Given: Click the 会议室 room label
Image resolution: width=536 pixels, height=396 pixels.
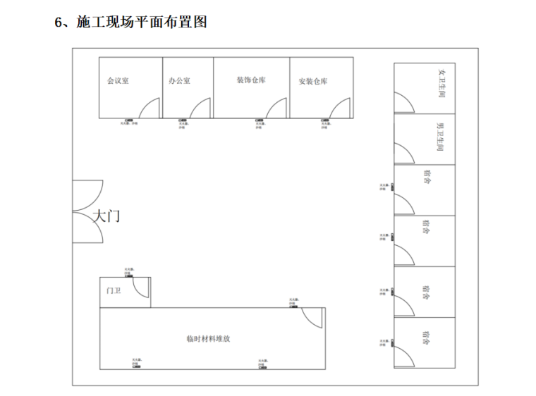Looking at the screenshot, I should click(118, 81).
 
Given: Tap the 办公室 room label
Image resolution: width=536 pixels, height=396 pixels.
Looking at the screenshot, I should click(179, 81).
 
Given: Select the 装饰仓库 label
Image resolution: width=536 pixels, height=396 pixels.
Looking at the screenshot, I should click(251, 80).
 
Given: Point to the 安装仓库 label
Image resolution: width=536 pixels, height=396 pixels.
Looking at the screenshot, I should click(312, 82).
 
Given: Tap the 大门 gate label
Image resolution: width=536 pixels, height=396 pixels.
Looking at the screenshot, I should click(106, 216).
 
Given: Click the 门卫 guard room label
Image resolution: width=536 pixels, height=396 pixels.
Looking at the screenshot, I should click(114, 290).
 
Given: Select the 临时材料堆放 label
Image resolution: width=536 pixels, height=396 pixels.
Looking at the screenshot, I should click(208, 338).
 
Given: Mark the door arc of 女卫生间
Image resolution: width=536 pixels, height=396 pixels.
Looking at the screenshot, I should click(405, 103).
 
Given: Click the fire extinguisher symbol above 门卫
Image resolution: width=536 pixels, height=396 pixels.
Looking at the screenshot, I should click(129, 275).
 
